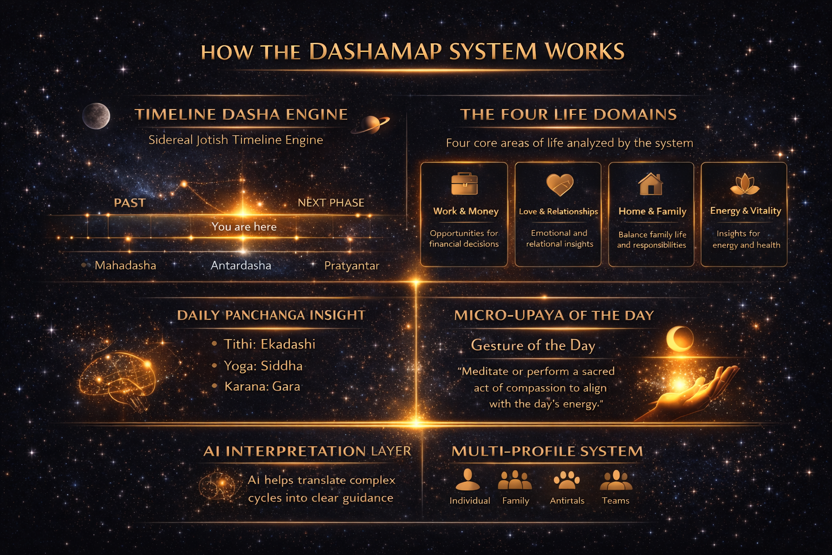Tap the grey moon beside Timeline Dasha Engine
pyautogui.click(x=96, y=116)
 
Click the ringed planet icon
pyautogui.click(x=371, y=124)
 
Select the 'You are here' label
pyautogui.click(x=244, y=227)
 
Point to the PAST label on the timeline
pyautogui.click(x=129, y=203)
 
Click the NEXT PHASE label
pyautogui.click(x=331, y=203)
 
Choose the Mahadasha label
pyautogui.click(x=125, y=266)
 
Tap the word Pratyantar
pyautogui.click(x=352, y=266)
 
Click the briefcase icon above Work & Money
pyautogui.click(x=464, y=184)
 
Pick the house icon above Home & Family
pyautogui.click(x=651, y=184)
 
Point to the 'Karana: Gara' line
pyautogui.click(x=262, y=386)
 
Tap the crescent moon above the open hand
pyautogui.click(x=680, y=338)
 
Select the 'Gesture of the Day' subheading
pyautogui.click(x=533, y=345)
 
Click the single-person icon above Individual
pyautogui.click(x=468, y=480)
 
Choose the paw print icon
pyautogui.click(x=567, y=480)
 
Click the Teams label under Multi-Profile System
pyautogui.click(x=615, y=501)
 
